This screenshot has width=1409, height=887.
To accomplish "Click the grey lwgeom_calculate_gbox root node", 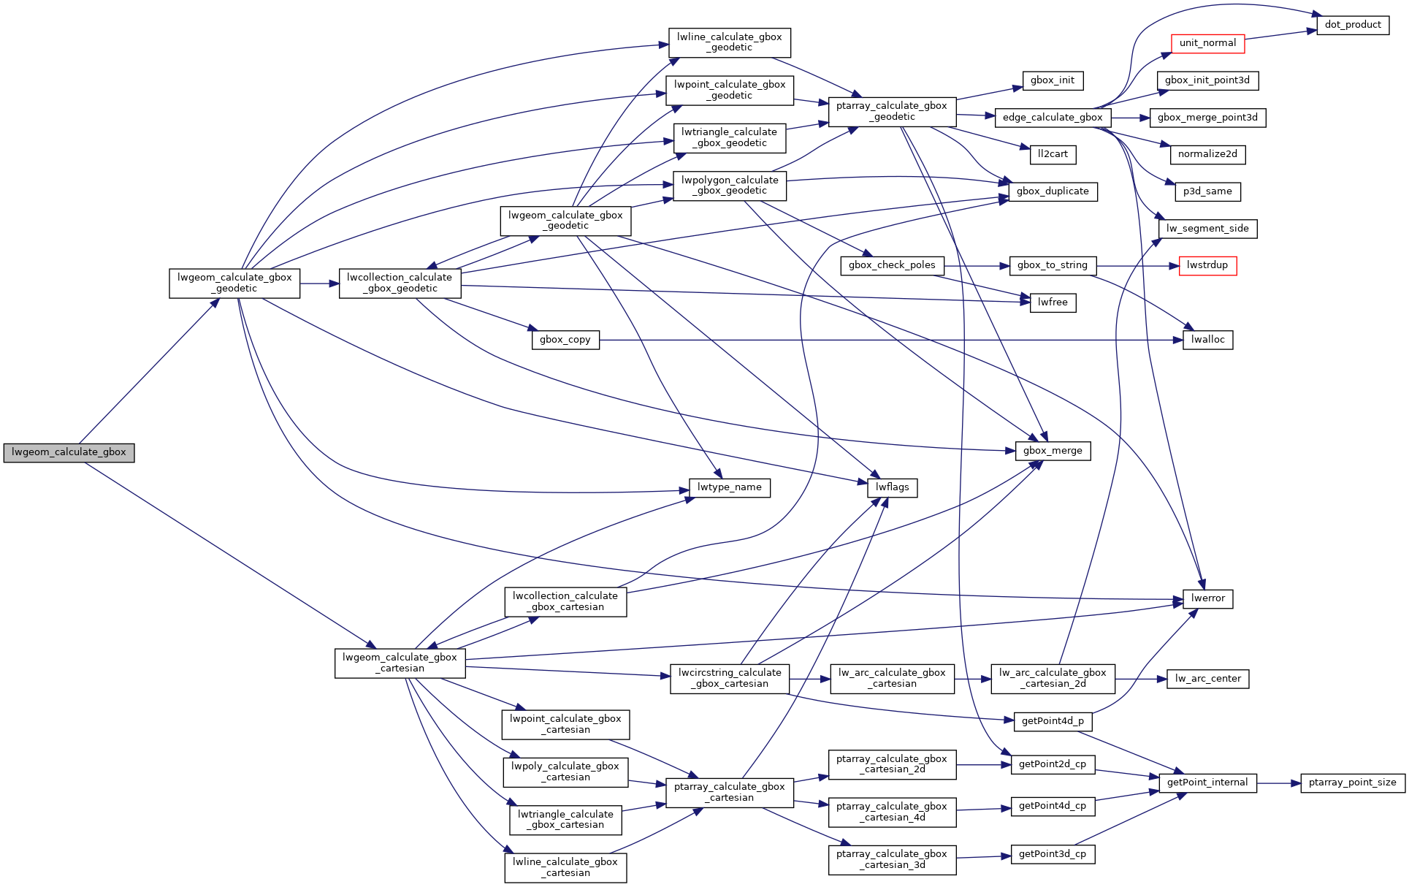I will pyautogui.click(x=69, y=452).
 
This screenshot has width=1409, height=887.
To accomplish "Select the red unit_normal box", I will pyautogui.click(x=1207, y=43).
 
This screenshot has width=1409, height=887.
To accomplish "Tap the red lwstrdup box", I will pyautogui.click(x=1207, y=265).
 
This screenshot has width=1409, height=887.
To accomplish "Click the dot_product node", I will pyautogui.click(x=1352, y=25).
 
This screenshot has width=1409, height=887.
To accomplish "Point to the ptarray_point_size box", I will pyautogui.click(x=1352, y=783).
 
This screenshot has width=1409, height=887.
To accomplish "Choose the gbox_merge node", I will pyautogui.click(x=1053, y=451).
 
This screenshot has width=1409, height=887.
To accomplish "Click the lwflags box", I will pyautogui.click(x=892, y=487).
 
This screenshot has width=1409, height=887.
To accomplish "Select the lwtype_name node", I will pyautogui.click(x=729, y=487).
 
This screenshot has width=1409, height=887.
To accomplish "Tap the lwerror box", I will pyautogui.click(x=1207, y=598).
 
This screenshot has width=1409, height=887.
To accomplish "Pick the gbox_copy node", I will pyautogui.click(x=565, y=340).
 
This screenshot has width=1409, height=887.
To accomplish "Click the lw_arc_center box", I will pyautogui.click(x=1207, y=679).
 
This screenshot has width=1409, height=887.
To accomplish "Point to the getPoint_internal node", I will pyautogui.click(x=1207, y=783).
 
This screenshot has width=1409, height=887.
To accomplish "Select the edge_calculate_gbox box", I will pyautogui.click(x=1053, y=118).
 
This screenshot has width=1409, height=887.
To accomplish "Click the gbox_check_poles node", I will pyautogui.click(x=892, y=265).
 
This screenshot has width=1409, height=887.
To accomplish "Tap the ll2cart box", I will pyautogui.click(x=1053, y=154).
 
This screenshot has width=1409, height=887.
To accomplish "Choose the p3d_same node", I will pyautogui.click(x=1207, y=191).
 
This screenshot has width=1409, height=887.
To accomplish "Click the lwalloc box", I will pyautogui.click(x=1207, y=340).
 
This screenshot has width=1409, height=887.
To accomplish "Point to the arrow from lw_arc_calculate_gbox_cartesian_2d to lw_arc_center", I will pyautogui.click(x=1141, y=679).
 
